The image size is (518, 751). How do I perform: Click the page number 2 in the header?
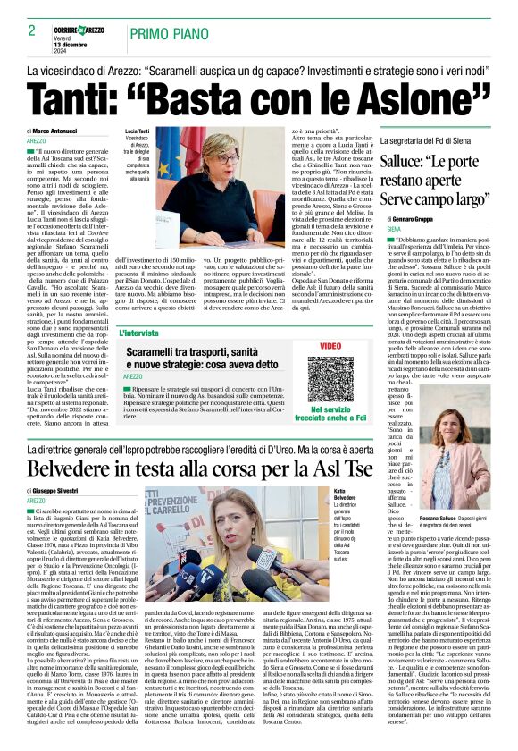pos(32,30)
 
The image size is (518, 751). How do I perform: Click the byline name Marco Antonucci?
pos(61,131)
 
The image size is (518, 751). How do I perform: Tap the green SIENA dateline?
pos(394,230)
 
